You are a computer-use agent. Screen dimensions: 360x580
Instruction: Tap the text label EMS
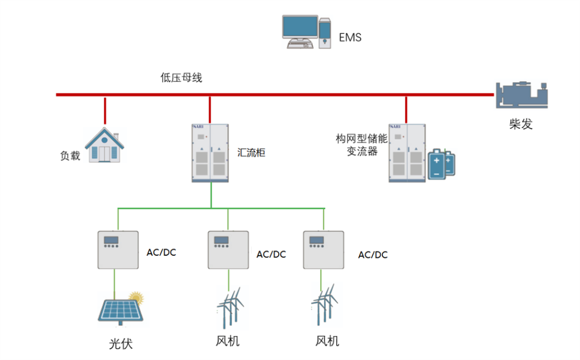click(350, 38)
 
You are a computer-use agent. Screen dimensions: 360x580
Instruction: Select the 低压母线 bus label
click(182, 78)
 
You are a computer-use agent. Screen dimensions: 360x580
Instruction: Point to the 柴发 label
click(521, 124)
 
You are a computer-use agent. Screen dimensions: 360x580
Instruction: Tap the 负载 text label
click(70, 156)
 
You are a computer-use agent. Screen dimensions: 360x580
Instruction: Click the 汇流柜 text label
click(251, 153)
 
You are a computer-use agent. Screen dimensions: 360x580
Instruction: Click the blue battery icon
click(441, 163)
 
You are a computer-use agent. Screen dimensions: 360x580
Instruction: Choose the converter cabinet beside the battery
click(407, 153)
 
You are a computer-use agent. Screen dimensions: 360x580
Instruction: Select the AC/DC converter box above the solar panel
click(118, 250)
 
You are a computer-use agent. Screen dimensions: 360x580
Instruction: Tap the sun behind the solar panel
click(136, 297)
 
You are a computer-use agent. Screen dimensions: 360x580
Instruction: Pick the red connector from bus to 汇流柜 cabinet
click(210, 110)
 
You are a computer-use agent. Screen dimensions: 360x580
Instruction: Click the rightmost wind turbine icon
click(324, 307)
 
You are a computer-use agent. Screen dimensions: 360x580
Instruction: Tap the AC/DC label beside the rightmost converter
click(373, 255)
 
